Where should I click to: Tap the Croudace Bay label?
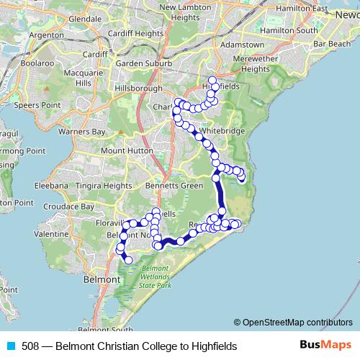coord(70,206)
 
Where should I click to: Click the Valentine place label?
coord(51,234)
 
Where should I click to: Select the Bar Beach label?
coord(330,44)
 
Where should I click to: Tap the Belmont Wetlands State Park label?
coord(157,279)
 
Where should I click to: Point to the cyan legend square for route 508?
coord(10,346)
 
